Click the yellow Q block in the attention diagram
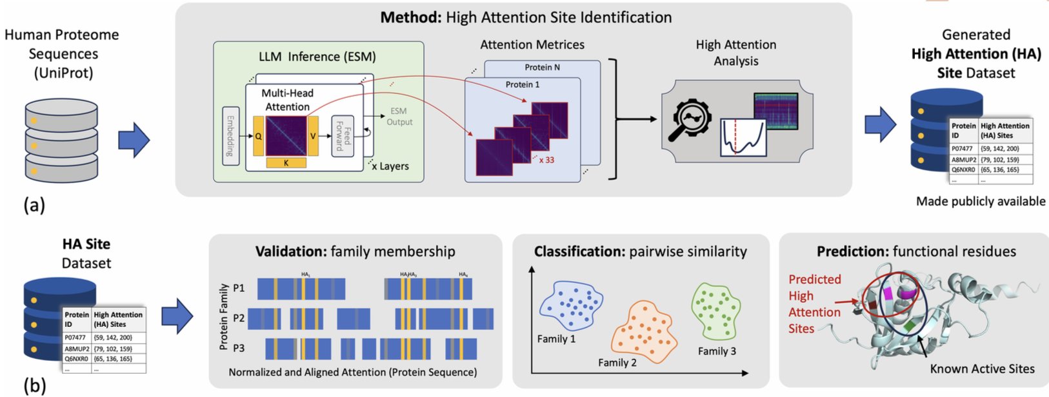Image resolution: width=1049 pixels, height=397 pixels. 258,137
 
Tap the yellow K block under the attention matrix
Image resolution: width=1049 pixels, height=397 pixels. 286,163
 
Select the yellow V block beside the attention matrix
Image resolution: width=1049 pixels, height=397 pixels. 313,136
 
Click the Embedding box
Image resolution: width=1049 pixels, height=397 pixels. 230,136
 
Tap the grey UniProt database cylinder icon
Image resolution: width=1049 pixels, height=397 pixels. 61,140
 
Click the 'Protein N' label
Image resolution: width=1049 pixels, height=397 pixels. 543,67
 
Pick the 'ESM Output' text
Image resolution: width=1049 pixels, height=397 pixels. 399,116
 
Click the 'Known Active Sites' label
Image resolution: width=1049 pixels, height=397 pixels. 982,369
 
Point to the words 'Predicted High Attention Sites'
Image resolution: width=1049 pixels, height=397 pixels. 814,304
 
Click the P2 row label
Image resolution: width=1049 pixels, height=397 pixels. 239,318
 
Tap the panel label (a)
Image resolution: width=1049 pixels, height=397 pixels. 34,205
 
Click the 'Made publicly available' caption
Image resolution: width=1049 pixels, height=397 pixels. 980,201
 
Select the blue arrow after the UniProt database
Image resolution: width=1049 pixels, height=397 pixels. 134,140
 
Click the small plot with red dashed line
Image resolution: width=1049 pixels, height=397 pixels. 743,138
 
